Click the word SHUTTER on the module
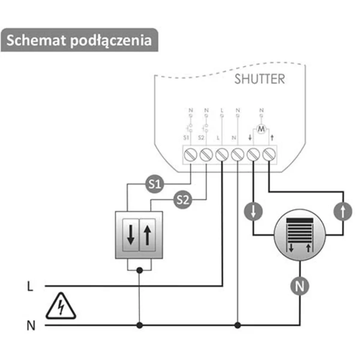[259, 79]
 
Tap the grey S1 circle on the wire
[155, 184]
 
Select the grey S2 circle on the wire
[183, 199]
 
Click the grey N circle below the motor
[299, 286]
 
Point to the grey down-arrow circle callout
[254, 212]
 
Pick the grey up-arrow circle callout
[343, 212]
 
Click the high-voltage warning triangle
[61, 306]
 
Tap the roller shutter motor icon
[300, 235]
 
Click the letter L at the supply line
[30, 286]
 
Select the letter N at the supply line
[31, 325]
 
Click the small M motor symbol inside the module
[262, 129]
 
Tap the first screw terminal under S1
[190, 155]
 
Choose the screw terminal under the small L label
[222, 155]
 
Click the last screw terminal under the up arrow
[269, 155]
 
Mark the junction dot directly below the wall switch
[139, 270]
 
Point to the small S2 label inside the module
[201, 138]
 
